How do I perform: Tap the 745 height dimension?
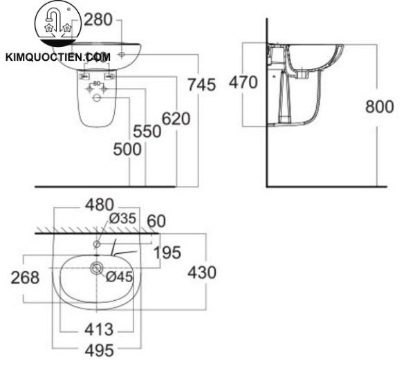202,84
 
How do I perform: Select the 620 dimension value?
176,119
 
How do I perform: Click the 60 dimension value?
156,221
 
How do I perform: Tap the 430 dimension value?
202,272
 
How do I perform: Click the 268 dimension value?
25,277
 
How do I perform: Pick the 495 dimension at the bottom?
99,350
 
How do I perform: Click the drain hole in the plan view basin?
97,268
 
